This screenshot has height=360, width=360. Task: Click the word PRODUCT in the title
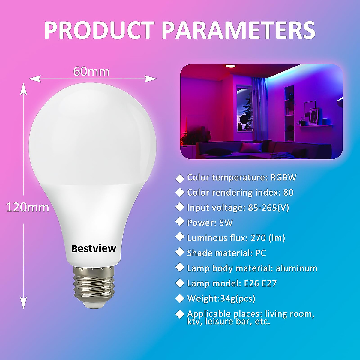pyautogui.click(x=99, y=30)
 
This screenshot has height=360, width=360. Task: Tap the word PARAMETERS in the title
pyautogui.click(x=239, y=30)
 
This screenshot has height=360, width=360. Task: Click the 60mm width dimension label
pyautogui.click(x=91, y=72)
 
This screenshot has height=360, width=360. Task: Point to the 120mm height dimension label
pyautogui.click(x=28, y=207)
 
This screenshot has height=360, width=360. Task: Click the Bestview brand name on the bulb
pyautogui.click(x=94, y=248)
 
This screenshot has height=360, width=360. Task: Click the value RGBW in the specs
pyautogui.click(x=283, y=177)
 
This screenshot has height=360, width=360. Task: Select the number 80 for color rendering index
pyautogui.click(x=288, y=193)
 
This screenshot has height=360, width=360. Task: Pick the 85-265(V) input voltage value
pyautogui.click(x=268, y=208)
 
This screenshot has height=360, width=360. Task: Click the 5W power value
pyautogui.click(x=226, y=223)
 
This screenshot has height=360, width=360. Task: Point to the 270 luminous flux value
pyautogui.click(x=258, y=238)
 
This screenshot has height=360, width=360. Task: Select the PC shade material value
pyautogui.click(x=261, y=253)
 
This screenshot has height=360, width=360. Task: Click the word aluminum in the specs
pyautogui.click(x=296, y=268)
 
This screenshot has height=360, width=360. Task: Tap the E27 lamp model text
pyautogui.click(x=269, y=283)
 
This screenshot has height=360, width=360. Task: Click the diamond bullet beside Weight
pyautogui.click(x=180, y=298)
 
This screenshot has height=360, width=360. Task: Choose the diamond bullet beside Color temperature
pyautogui.click(x=180, y=178)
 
